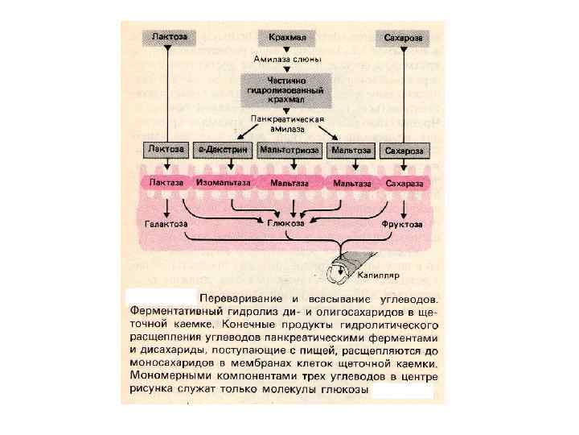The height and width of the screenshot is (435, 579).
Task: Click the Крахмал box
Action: [x=288, y=38]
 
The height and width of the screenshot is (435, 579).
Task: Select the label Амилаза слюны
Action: [x=288, y=59]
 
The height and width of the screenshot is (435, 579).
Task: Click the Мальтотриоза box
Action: [x=289, y=151]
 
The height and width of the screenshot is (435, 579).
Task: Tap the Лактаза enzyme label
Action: [x=166, y=183]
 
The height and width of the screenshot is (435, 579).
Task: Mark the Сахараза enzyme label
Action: [x=403, y=183]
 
